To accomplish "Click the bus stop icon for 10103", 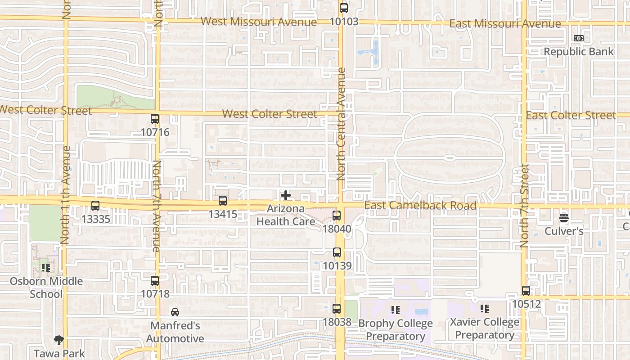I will coord(344,8).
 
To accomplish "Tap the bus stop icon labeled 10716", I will coord(155,119).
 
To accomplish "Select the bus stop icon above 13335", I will coord(95,206).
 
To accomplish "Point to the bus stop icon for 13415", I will coord(223,201).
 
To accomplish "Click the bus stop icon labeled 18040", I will coord(337,216).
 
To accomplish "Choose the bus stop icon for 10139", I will coord(337,252).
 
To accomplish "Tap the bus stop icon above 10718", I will coord(155,281).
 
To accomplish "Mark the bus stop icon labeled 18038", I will coord(337,309).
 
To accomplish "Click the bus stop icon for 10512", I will coord(526,291).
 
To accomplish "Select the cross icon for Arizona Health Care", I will coord(286,195).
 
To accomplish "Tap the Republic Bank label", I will coord(579,52).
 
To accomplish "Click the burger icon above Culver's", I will coord(564,218).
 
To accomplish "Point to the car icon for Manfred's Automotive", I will coord(175,312).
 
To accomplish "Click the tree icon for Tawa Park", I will coord(58,340).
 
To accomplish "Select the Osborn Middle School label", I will coord(47,288).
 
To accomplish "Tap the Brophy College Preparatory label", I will coord(395,330).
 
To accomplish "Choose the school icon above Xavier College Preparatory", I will coord(484,309).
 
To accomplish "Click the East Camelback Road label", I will coord(420,206).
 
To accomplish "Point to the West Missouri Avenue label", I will coord(258,22).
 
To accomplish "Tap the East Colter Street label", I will coord(571,116).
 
